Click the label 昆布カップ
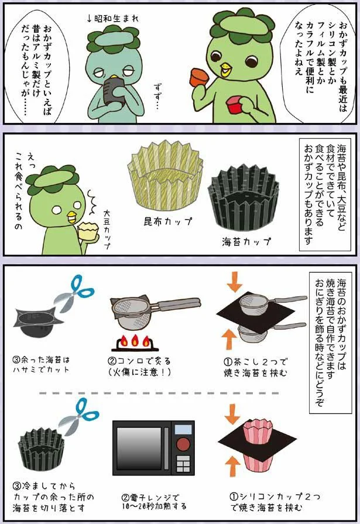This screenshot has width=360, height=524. click(x=168, y=221)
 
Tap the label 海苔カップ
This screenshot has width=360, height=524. click(x=246, y=241)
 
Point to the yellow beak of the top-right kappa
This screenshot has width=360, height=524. click(x=225, y=70)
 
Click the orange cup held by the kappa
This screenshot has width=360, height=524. click(x=199, y=77)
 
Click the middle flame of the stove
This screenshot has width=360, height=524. click(x=135, y=341)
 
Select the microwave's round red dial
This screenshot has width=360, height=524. click(x=183, y=444)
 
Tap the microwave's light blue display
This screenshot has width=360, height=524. click(x=183, y=429)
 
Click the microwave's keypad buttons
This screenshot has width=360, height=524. click(x=183, y=464)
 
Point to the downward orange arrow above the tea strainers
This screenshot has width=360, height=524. click(x=234, y=280)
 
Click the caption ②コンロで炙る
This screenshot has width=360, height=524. click(x=139, y=361)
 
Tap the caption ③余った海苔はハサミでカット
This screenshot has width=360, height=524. click(x=41, y=365)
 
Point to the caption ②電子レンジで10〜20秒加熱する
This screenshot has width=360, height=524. click(x=154, y=502)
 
